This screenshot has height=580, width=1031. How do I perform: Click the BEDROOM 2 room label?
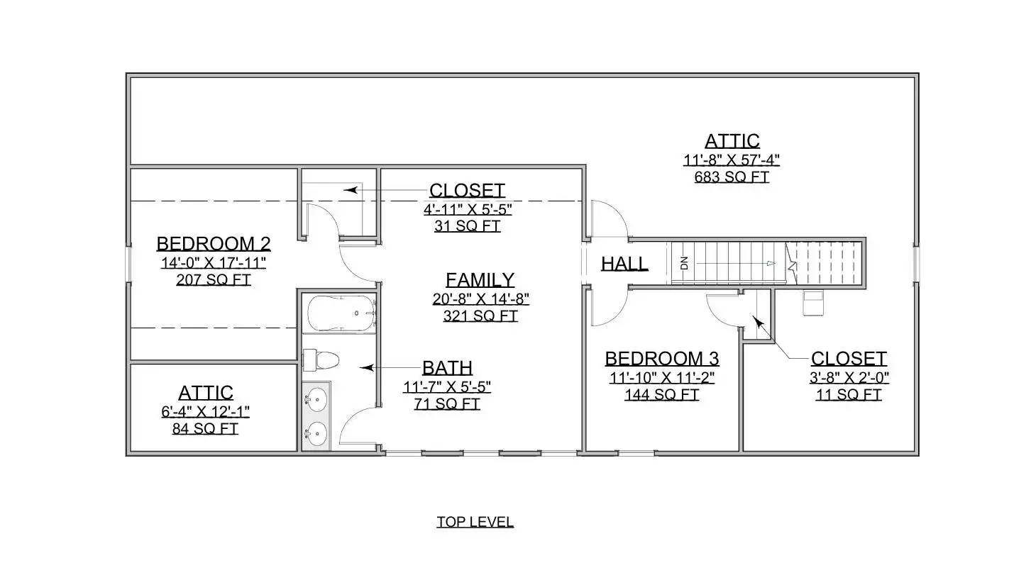pos(214,244)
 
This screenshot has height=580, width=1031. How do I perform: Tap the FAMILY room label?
pos(480,279)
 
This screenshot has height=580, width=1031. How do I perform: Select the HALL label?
pos(624,264)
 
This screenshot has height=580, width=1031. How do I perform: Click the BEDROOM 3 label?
pos(662,359)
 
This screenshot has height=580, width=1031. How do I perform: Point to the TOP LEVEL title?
pos(475,522)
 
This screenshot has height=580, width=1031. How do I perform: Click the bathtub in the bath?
pos(341,313)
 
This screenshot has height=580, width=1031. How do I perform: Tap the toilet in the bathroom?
pos(321,360)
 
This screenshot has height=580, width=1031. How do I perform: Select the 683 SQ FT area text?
pos(732,177)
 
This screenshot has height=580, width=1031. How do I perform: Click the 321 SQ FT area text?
pos(480,316)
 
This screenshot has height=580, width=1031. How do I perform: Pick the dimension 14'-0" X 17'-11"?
pos(214,262)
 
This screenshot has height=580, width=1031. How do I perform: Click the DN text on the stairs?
pos(684,263)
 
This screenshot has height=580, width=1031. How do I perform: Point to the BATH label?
pos(447,368)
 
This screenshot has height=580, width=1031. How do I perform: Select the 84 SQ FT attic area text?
pos(205,429)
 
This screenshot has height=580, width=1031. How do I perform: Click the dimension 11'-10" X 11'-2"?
pos(662,378)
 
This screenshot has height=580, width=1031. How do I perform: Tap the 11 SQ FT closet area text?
pos(849,395)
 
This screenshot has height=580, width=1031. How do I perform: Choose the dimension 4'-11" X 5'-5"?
pos(468,209)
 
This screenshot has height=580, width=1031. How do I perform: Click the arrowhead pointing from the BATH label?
pos(366,368)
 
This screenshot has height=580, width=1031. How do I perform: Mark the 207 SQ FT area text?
pos(214,279)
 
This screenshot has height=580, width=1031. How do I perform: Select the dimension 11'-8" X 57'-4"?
pos(732,160)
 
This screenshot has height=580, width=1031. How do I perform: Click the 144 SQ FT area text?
pos(662,395)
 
